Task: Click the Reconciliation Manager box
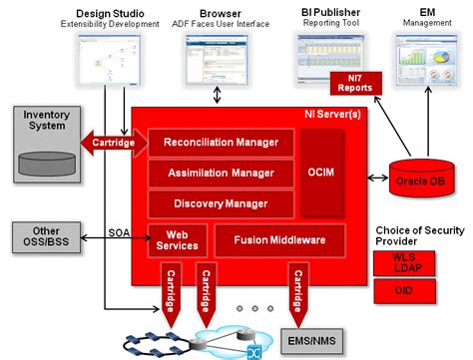point(221,143)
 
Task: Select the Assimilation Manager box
point(221,173)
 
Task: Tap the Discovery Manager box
point(221,203)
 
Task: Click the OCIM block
point(328,173)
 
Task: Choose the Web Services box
point(177,239)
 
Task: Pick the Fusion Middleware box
point(278,240)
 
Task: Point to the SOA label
point(120,232)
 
